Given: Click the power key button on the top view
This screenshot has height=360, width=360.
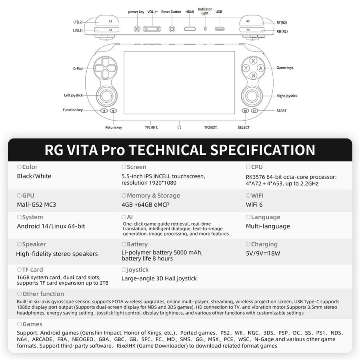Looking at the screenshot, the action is coord(137,29).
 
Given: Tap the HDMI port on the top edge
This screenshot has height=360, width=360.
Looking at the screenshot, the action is coord(190,29).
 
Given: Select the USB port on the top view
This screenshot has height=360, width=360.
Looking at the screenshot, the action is coord(219,29).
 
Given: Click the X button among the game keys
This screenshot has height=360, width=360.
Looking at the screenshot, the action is coord(253,61).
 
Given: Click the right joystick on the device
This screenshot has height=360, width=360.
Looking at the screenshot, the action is coord(252,96).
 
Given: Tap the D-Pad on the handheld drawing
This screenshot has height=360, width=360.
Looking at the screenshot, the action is coord(105,68).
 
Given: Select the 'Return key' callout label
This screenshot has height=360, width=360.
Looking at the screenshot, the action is coord(114,128).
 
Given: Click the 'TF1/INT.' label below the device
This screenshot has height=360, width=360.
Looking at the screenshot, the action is coord(151,128).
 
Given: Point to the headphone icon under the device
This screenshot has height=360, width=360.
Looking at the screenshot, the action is coord(179,127).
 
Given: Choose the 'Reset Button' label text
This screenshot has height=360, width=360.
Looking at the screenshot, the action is coord(171,12).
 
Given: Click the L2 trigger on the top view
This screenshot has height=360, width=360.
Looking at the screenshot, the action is coord(107,21).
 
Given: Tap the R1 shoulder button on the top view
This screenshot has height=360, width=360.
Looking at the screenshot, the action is coord(252,30).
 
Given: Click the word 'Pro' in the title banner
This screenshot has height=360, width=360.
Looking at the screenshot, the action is coord(113,150).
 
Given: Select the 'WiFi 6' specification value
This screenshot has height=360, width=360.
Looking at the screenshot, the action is coord(254,204).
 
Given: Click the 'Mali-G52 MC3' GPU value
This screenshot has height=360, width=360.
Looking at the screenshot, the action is coord(36,204).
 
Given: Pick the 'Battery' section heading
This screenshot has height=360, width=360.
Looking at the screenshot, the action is coord(137,244).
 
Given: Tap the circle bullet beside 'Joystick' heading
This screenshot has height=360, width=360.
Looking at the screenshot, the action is coord(124,270).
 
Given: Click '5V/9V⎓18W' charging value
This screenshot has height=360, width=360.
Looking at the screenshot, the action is coord(263,253).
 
